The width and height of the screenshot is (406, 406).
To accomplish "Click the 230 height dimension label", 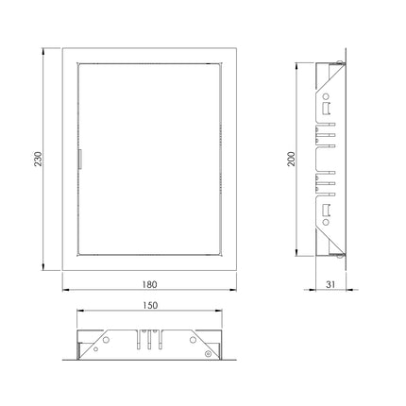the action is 39,159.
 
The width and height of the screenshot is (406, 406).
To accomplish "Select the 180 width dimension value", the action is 149,284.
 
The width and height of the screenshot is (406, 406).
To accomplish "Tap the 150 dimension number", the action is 150,305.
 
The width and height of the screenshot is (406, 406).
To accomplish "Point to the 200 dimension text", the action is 292,159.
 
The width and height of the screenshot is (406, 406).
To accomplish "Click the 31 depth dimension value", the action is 330,284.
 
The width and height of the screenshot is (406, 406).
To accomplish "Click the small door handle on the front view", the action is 80,160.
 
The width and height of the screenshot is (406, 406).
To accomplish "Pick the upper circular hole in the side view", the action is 326,96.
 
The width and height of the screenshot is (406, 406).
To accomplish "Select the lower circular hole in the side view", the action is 326,222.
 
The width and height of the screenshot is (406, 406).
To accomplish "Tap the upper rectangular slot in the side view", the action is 326,109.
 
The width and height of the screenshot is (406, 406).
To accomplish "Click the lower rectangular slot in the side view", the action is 326,211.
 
